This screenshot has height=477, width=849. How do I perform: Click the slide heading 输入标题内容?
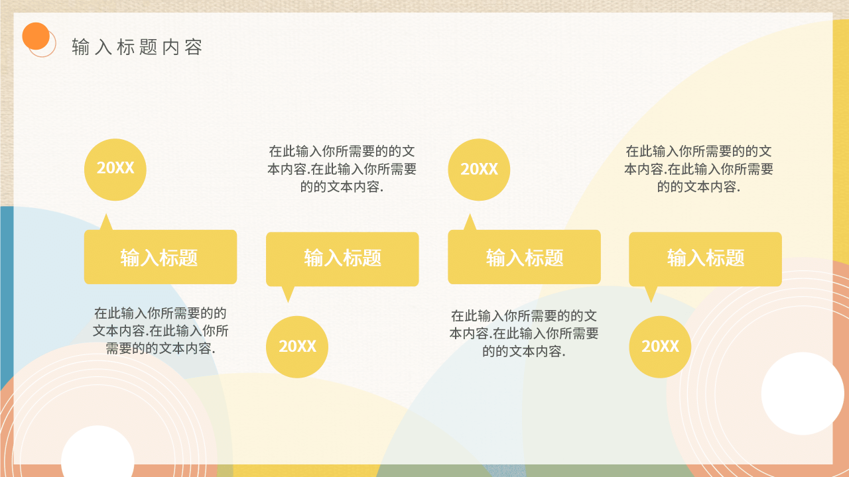coord(137,47)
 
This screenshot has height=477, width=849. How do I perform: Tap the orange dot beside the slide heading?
coord(36,36)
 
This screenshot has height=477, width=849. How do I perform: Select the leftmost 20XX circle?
coord(115,169)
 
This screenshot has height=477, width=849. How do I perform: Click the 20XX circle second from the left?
coord(296,346)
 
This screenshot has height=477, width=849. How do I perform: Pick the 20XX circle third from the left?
coord(479,170)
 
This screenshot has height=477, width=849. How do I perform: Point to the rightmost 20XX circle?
coord(660,346)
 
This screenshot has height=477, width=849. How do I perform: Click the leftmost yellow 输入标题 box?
coord(160,258)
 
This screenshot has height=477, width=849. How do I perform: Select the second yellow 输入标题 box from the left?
coord(342,258)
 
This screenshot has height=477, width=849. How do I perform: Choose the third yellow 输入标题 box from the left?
coord(524,258)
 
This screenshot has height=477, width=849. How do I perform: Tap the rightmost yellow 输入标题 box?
coord(705,258)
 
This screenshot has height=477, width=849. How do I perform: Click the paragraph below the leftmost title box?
coord(161,330)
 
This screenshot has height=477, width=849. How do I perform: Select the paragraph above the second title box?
coord(342,169)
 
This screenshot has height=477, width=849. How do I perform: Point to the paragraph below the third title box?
coord(524,333)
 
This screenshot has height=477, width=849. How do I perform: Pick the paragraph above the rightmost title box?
coord(698,169)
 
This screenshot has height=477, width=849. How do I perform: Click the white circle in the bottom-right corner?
coord(802,394)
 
